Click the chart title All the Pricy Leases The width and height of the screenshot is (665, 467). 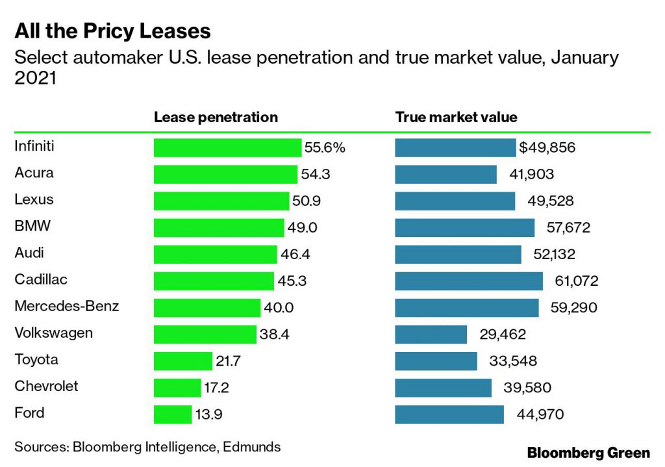coord(112,31)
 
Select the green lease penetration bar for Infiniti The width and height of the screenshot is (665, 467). coord(227,147)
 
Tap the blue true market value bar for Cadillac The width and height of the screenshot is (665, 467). coord(468,281)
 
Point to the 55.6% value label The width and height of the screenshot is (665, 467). coord(325,147)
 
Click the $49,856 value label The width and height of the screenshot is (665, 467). coord(547,147)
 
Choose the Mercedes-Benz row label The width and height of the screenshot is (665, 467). coord(66,306)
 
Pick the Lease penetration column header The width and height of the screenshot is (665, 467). coord(216,118)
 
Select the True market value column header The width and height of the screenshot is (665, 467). coord(456,118)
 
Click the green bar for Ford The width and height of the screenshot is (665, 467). coord(173,414)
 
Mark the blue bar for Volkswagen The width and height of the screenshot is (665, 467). coord(431,334)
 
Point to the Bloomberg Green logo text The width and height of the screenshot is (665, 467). coord(588,452)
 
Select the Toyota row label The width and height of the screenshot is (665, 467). coord(36,359)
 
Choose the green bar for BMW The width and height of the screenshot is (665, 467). coord(219,227)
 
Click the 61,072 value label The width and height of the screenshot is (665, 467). coord(572,281)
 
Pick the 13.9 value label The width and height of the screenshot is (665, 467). coord(209,414)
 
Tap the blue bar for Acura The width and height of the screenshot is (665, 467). coord(445,174)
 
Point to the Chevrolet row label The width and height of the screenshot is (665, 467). coord(46,386)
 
